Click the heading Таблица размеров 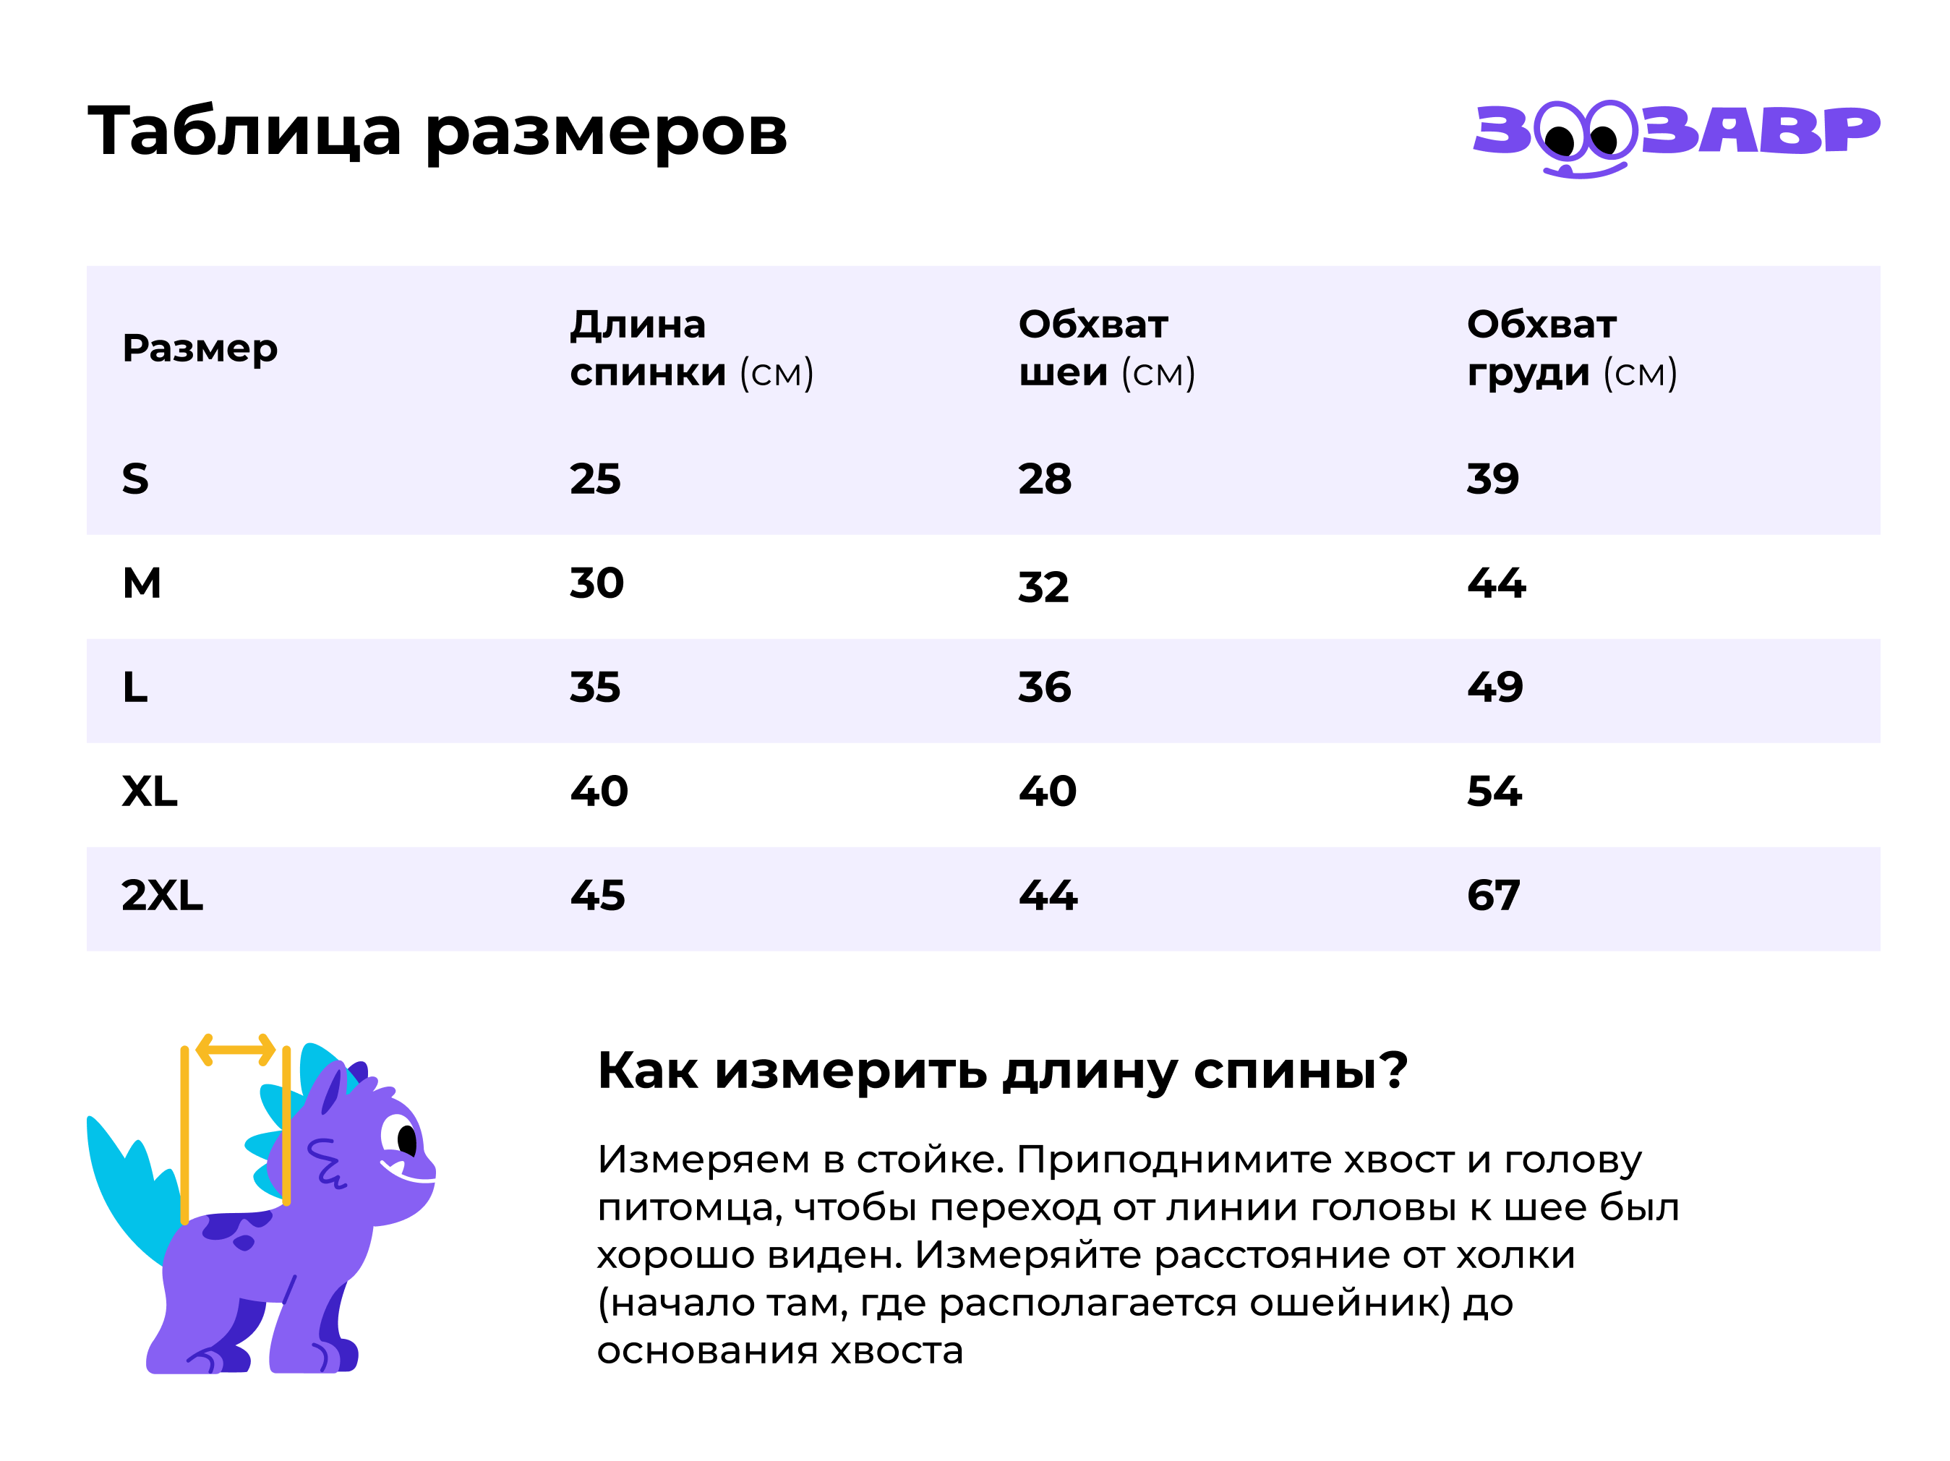437,132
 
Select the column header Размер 200,348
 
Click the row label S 135,479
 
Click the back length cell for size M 596,583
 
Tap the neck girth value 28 1045,479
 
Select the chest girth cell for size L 1495,687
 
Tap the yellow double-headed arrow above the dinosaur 236,1050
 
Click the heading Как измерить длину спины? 1002,1071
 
